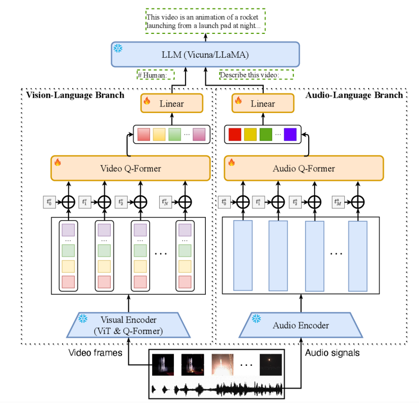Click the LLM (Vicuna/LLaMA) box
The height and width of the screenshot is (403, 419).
(x=206, y=54)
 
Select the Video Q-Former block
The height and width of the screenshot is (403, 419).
(x=131, y=169)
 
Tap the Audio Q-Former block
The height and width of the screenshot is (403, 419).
(x=303, y=169)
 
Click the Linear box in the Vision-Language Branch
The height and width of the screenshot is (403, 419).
(x=172, y=103)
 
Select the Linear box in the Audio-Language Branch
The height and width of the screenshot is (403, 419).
(x=263, y=103)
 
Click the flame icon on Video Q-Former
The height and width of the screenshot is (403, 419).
(x=58, y=162)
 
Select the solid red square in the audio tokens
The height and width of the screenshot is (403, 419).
(x=234, y=135)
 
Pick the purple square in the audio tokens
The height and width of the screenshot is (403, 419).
(x=290, y=135)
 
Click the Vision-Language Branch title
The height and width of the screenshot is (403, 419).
(x=75, y=95)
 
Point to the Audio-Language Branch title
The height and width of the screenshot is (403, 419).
(x=354, y=95)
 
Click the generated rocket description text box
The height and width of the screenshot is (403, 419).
(x=206, y=21)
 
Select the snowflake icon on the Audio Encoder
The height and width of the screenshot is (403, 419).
(x=256, y=319)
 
